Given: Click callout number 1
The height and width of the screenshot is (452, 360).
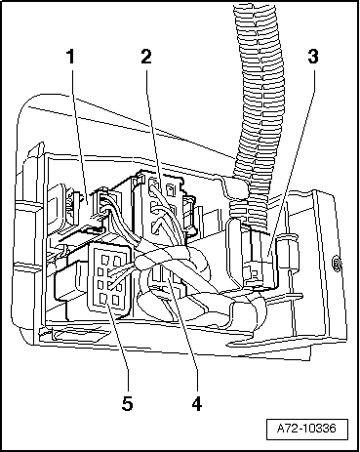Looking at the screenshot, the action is point(70,57).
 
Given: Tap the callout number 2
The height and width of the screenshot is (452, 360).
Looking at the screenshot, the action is point(146,57).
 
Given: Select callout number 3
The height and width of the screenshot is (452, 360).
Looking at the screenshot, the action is point(313,57).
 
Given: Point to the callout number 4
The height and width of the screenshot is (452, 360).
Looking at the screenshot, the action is point(197,404).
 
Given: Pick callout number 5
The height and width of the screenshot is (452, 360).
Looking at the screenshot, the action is point(127,404).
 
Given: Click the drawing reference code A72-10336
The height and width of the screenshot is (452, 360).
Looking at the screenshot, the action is point(306,428).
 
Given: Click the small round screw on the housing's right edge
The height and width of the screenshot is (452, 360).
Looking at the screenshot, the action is point(336,263).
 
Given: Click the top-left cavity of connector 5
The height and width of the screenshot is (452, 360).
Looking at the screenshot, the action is point(104,260).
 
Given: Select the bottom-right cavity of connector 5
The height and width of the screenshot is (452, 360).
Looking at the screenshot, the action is point(115,300).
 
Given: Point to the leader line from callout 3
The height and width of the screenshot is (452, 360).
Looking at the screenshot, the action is point(292,160).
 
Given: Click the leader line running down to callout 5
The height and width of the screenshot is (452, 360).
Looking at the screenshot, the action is point(119,349).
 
